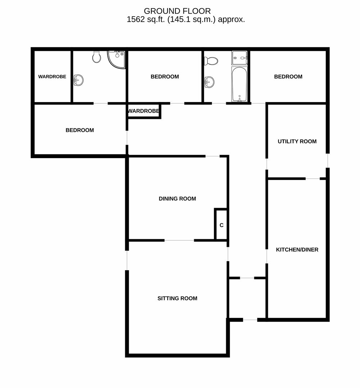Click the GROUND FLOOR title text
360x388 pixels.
click(x=177, y=11)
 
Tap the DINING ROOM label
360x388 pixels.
click(x=177, y=199)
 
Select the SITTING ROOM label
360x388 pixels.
click(x=177, y=299)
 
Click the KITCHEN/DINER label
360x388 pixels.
click(x=297, y=250)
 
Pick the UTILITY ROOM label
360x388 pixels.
click(x=297, y=142)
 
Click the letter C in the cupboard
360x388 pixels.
click(x=222, y=225)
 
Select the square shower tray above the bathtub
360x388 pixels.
click(x=239, y=58)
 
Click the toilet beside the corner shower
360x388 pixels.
click(x=97, y=57)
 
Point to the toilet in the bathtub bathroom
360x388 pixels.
click(x=211, y=61)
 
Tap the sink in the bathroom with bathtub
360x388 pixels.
click(x=209, y=82)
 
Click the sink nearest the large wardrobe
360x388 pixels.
click(x=78, y=80)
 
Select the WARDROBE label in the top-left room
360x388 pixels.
click(x=52, y=77)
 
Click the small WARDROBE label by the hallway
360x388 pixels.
click(x=143, y=111)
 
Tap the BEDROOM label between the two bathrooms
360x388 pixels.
click(x=165, y=77)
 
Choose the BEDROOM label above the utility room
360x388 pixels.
click(x=288, y=77)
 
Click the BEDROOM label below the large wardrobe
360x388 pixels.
click(x=80, y=130)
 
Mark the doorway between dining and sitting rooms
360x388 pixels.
click(x=179, y=240)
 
